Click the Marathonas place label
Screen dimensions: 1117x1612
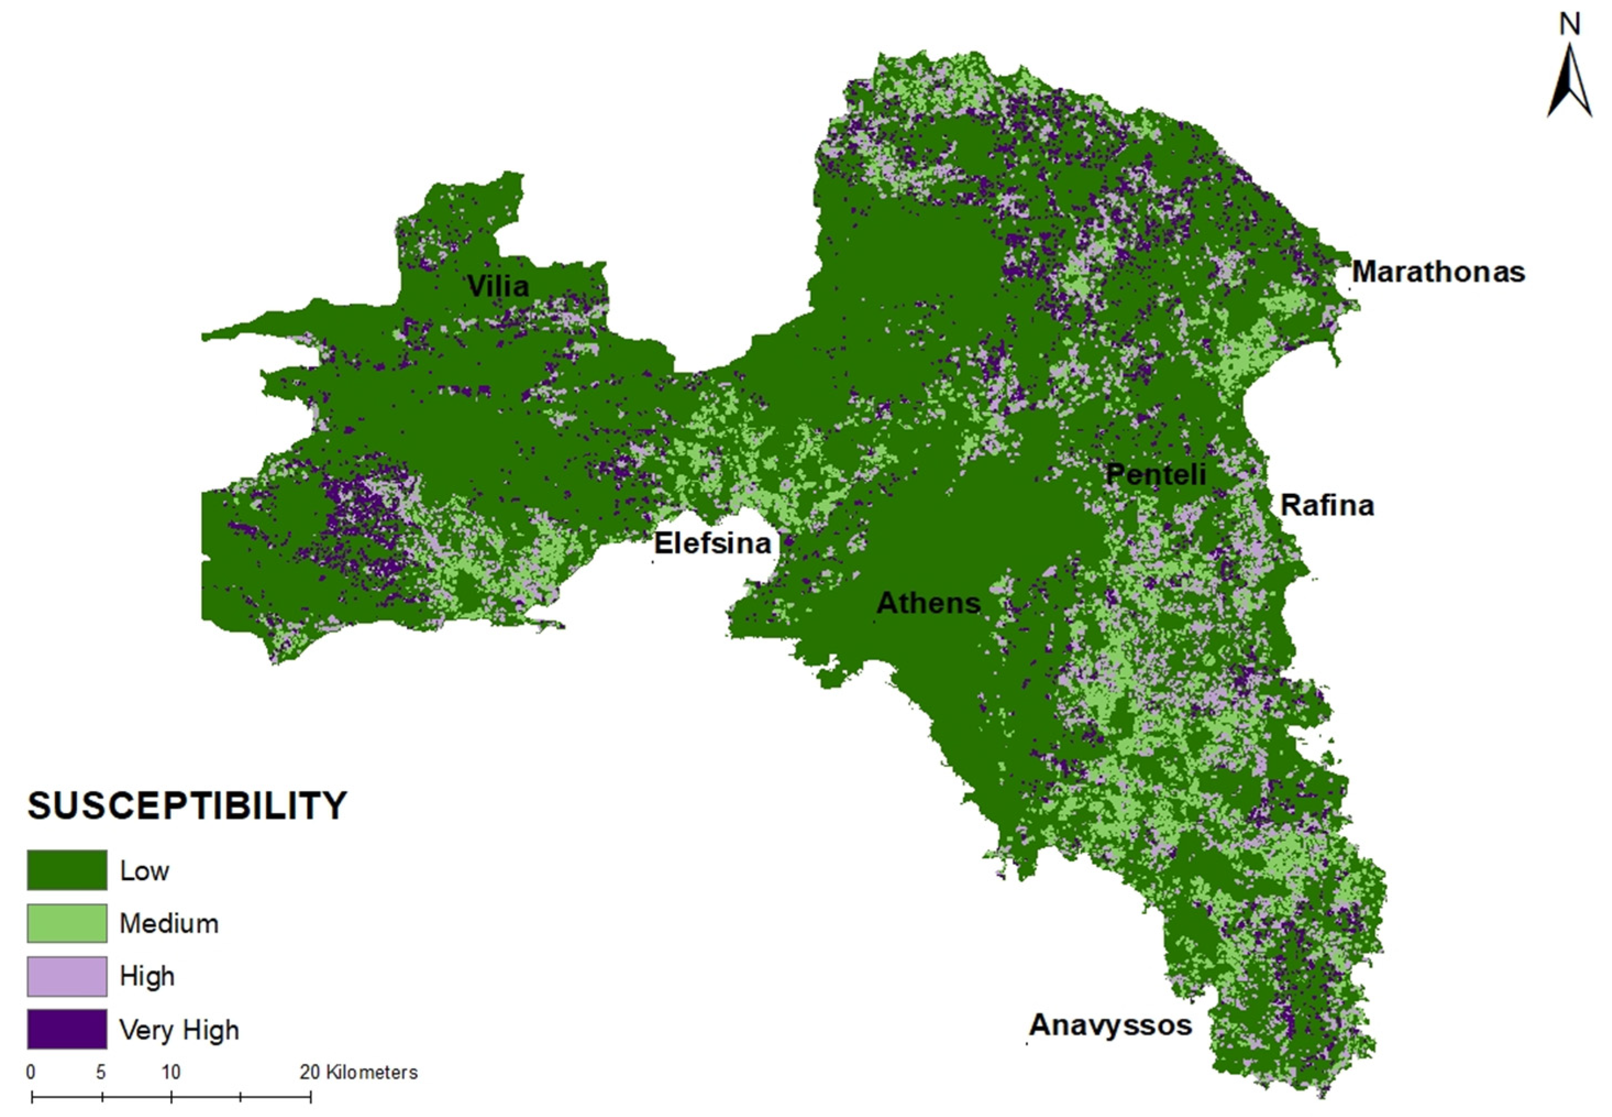click(1437, 273)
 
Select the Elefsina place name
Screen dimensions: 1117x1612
click(712, 543)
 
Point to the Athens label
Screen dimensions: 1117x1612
click(928, 603)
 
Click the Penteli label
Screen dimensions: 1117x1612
click(1156, 475)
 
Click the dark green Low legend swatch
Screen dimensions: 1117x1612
click(67, 870)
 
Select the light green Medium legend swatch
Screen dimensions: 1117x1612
click(67, 923)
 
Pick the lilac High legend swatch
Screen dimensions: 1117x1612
click(67, 976)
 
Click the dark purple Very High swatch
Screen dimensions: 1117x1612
click(67, 1029)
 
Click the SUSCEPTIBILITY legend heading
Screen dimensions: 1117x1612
click(187, 805)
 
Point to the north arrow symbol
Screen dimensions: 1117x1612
click(1569, 82)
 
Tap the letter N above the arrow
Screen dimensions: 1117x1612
click(1570, 25)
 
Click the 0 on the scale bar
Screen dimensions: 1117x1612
click(31, 1072)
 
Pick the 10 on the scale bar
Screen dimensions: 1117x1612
click(171, 1072)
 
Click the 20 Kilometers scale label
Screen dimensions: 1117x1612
click(359, 1072)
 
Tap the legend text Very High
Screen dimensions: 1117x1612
click(179, 1030)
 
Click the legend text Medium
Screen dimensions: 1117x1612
click(169, 924)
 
